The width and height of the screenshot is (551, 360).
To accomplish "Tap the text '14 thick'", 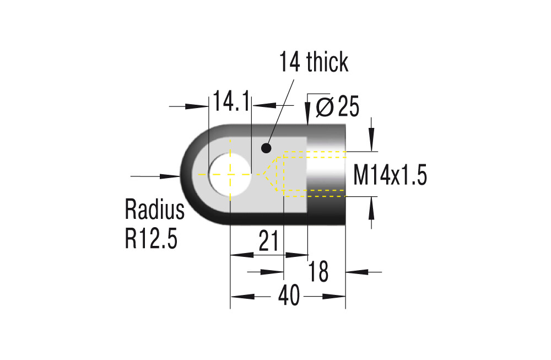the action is point(314,62).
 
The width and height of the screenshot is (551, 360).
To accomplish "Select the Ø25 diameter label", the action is point(337,106).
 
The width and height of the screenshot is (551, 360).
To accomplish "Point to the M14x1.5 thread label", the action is point(390,175).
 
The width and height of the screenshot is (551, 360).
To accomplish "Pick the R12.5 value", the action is point(151,238).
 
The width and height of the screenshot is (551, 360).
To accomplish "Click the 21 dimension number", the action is point(268,241).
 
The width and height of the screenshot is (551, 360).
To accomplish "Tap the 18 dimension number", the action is point(318,271).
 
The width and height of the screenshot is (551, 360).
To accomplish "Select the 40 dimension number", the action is point(289,295).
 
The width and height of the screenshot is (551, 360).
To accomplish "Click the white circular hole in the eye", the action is point(230,174).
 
